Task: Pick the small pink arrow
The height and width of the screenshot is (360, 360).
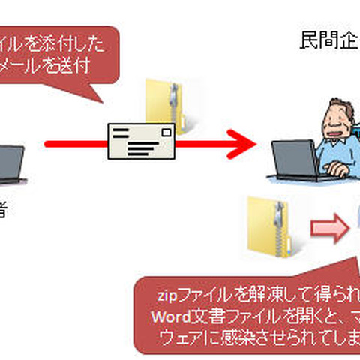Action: [x=331, y=228]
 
